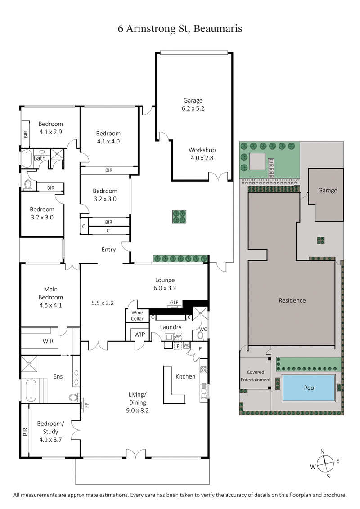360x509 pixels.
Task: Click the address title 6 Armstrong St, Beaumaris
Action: (180, 28)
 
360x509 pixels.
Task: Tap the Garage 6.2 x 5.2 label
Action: (193, 104)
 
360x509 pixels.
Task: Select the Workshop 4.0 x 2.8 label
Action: (202, 154)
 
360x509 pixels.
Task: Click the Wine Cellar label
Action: (137, 316)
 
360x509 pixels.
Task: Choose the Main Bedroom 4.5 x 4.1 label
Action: (50, 297)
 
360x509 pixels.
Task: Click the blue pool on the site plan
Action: (310, 388)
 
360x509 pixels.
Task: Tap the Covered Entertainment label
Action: (256, 376)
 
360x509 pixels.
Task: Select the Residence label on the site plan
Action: (292, 300)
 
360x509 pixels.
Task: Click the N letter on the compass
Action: (322, 451)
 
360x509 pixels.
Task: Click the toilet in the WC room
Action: (201, 335)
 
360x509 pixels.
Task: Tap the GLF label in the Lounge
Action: (174, 303)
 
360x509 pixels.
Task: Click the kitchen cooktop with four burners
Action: (203, 370)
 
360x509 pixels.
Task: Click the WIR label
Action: (48, 341)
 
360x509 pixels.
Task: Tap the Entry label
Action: (109, 250)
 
